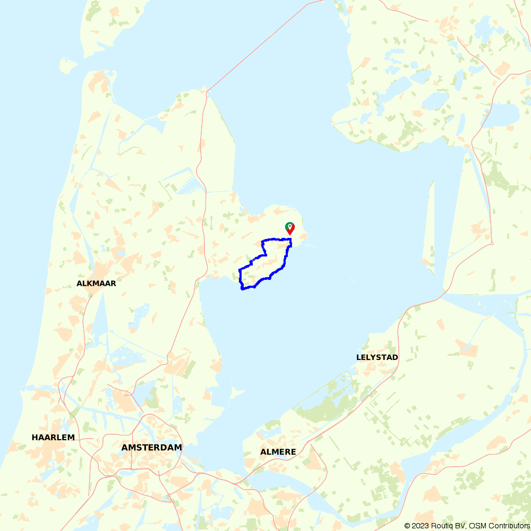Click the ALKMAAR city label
coord(96,284)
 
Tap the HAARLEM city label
coord(53,438)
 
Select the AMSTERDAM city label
coord(151,448)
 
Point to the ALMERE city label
coord(278,452)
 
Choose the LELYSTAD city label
coord(377,357)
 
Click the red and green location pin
coord(290,228)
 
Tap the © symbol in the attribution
coord(407,526)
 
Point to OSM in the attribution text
coord(475,526)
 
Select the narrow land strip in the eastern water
coord(429,223)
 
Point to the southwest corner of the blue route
coord(242,288)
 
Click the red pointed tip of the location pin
coord(290,234)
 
